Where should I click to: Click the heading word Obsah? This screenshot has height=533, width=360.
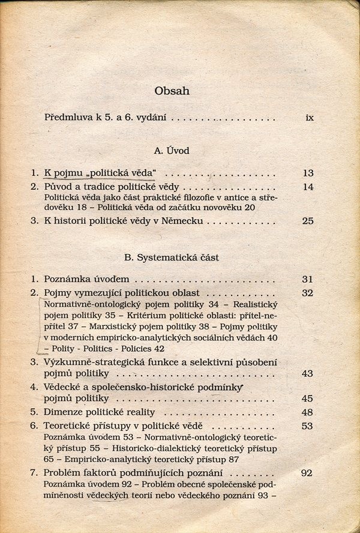coord(172,91)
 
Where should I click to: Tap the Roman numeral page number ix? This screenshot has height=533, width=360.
coord(310,118)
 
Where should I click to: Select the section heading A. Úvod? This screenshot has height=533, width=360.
coord(172,151)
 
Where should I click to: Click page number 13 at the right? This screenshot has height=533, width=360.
coord(308,173)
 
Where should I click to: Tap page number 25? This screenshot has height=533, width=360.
coord(308,221)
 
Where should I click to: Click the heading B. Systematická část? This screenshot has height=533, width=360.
coord(172,257)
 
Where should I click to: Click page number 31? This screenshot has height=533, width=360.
coord(308,279)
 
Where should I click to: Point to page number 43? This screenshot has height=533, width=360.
coord(308,373)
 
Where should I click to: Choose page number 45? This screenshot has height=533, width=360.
coord(308,398)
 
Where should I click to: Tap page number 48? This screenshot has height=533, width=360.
coord(308,412)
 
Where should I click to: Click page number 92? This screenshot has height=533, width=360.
coord(307,473)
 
